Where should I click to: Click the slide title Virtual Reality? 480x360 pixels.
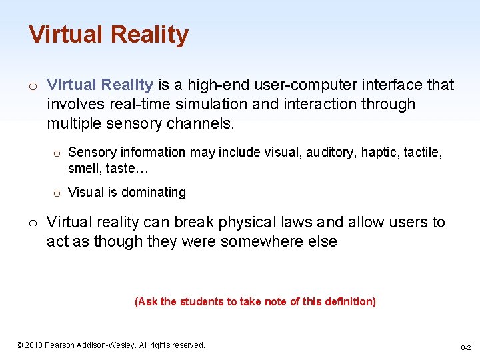point(109,35)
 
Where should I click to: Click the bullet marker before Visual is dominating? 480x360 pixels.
point(57,193)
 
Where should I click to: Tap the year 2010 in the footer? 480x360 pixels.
point(35,345)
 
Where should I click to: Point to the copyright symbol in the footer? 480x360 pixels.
point(19,345)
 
